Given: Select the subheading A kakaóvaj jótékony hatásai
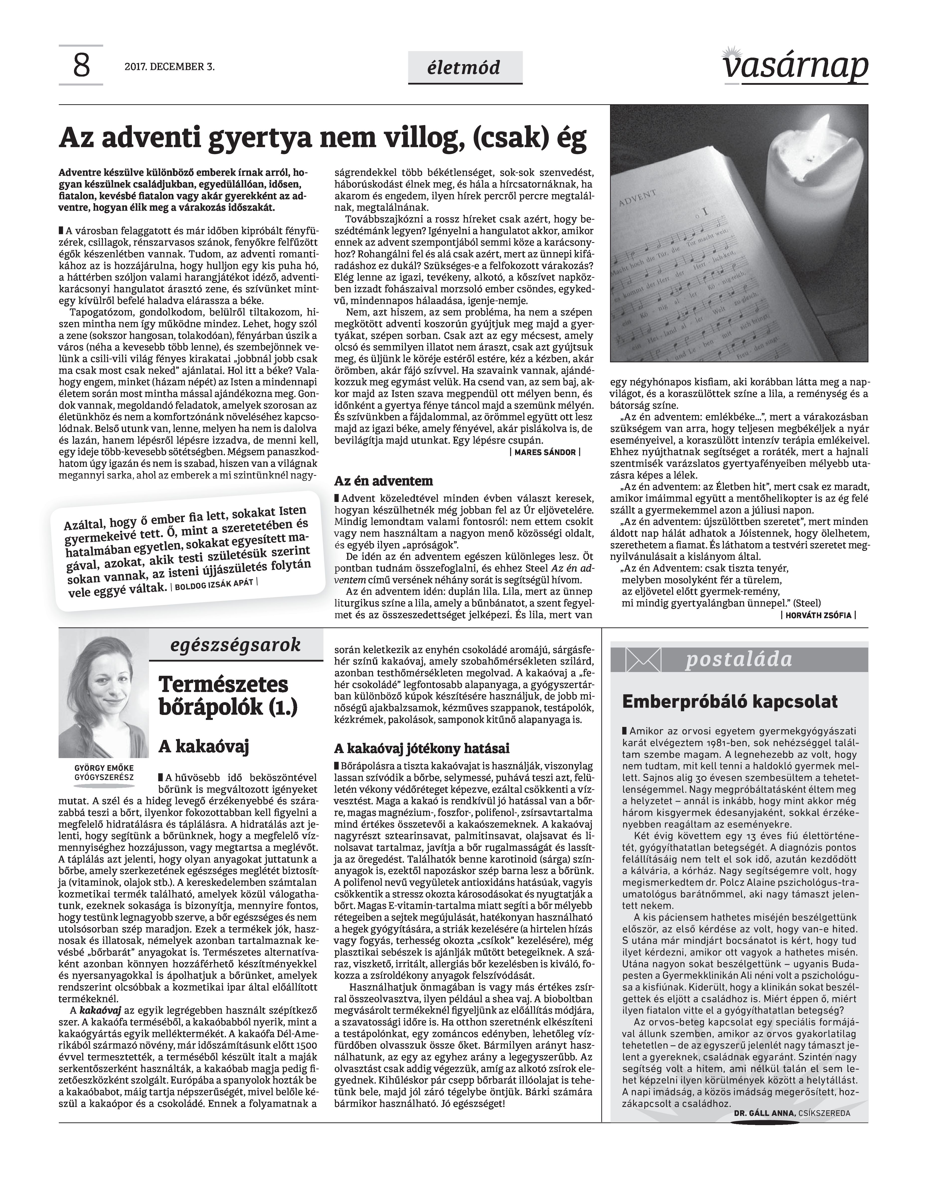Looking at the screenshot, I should click(x=422, y=749).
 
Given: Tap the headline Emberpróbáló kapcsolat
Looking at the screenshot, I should click(x=729, y=702).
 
